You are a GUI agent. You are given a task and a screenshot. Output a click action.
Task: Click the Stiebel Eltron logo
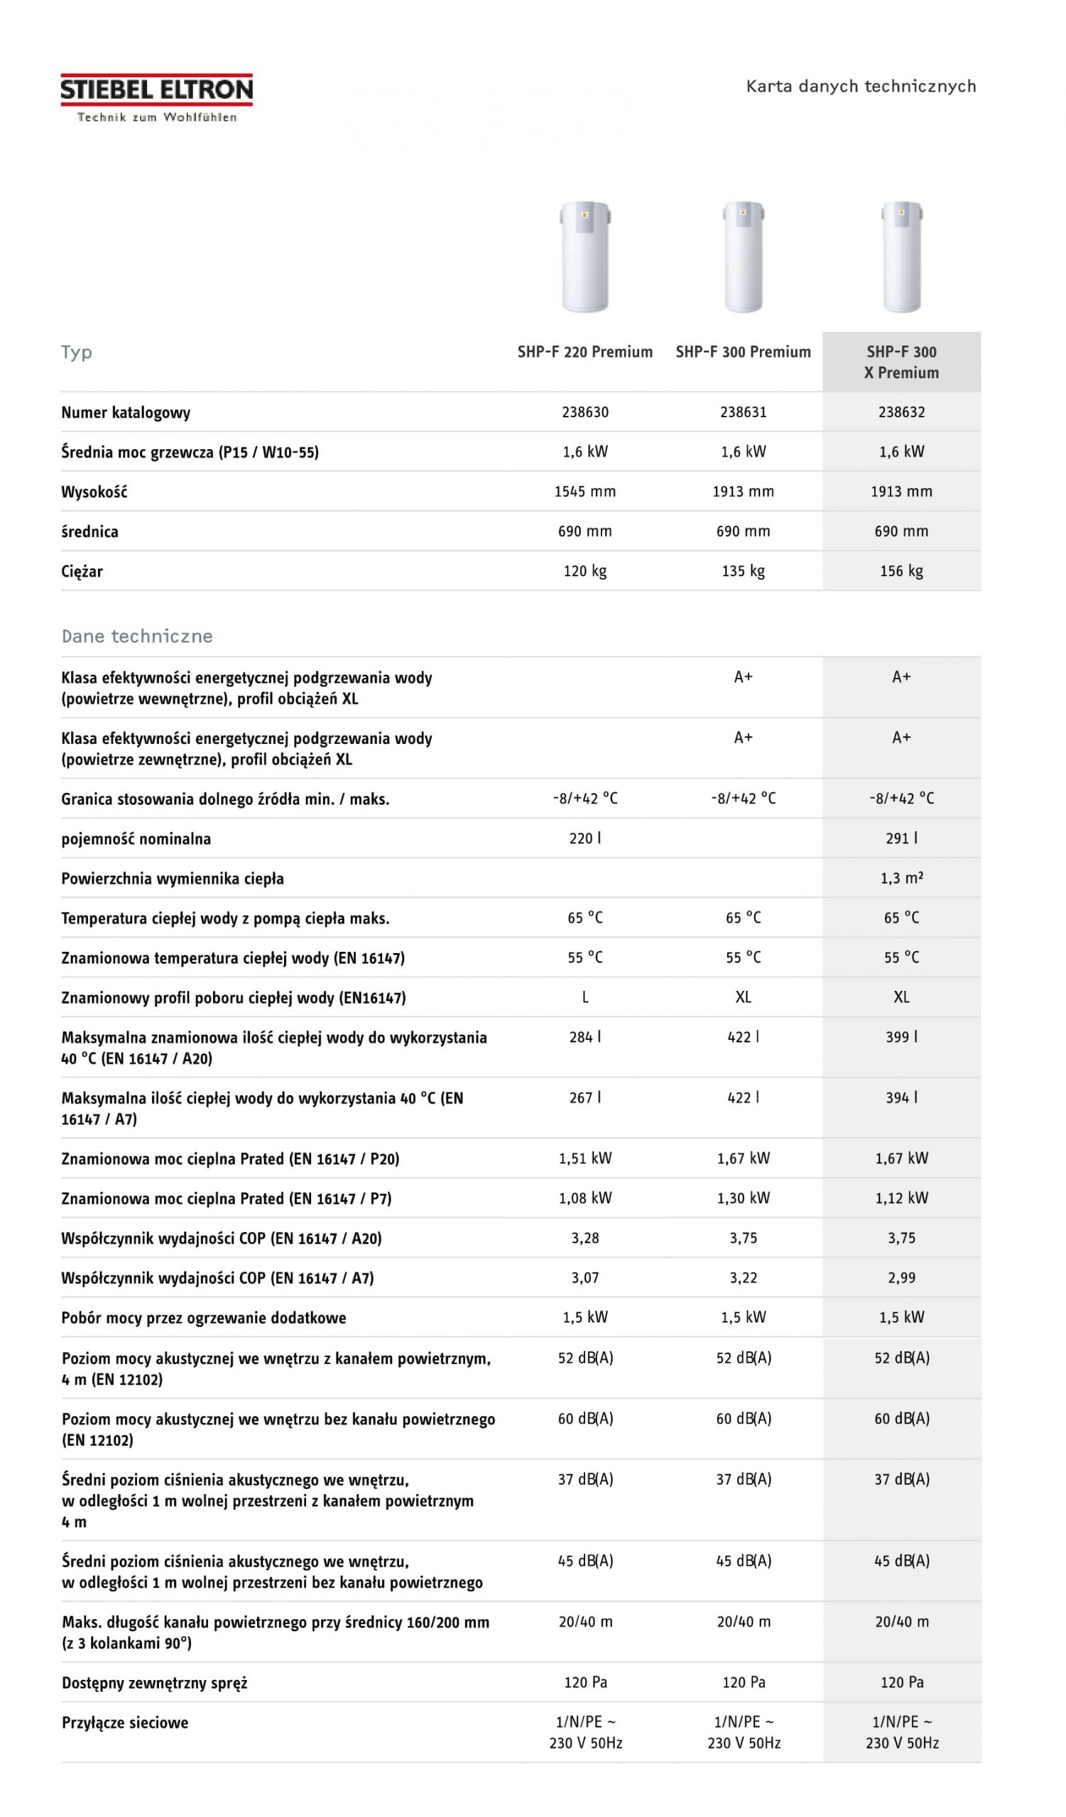tap(156, 97)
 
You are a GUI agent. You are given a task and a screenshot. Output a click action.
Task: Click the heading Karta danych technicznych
tap(861, 87)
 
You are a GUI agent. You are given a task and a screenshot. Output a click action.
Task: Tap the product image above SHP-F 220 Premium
tap(585, 256)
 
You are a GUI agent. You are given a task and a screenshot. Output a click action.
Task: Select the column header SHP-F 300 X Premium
tap(901, 362)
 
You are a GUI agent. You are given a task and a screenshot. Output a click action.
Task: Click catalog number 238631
tap(743, 412)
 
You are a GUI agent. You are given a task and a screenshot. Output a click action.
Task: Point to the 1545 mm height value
tap(585, 491)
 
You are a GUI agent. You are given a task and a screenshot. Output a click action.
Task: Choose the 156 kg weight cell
tap(901, 571)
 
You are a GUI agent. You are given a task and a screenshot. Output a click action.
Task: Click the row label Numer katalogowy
tap(126, 412)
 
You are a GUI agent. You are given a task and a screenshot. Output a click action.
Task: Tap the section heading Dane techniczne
tap(137, 636)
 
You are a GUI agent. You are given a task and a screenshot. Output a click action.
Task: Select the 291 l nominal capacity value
tap(901, 838)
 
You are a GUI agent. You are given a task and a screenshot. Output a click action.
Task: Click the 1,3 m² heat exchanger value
tap(901, 877)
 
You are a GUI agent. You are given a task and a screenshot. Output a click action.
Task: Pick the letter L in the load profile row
tap(585, 997)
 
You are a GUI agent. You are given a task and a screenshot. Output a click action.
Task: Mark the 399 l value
tap(901, 1036)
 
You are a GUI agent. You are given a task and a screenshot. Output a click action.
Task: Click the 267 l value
tap(585, 1097)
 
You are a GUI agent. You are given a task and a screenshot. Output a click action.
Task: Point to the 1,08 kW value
tap(585, 1197)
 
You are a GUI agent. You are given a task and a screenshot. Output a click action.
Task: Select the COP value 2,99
tap(901, 1277)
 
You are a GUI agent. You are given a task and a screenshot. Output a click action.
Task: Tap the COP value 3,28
tap(585, 1237)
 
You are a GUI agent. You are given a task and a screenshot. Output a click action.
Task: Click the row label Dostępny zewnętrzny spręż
tap(154, 1682)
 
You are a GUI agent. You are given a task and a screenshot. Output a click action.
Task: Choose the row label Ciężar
tap(82, 571)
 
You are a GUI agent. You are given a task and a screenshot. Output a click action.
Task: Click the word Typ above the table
tap(77, 352)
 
